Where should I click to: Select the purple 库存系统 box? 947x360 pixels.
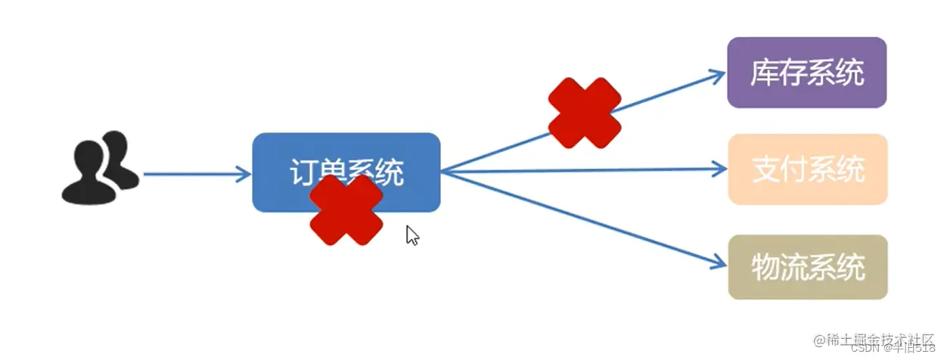click(x=806, y=73)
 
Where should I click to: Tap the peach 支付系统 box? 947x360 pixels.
click(x=807, y=169)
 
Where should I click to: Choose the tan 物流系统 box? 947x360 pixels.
click(x=807, y=267)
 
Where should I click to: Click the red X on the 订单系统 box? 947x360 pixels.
click(x=346, y=210)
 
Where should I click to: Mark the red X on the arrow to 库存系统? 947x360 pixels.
click(x=584, y=113)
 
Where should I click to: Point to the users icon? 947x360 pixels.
click(x=99, y=168)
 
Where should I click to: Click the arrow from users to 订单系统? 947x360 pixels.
click(x=193, y=174)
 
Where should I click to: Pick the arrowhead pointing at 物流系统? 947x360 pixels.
click(x=717, y=263)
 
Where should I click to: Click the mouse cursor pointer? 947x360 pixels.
click(x=412, y=235)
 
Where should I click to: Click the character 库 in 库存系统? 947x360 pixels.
click(x=763, y=73)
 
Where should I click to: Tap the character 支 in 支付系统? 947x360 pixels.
click(x=765, y=170)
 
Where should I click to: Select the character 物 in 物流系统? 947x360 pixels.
click(x=765, y=268)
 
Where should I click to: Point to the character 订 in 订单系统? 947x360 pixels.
click(x=303, y=173)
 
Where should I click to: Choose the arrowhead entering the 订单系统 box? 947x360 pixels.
click(x=244, y=174)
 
